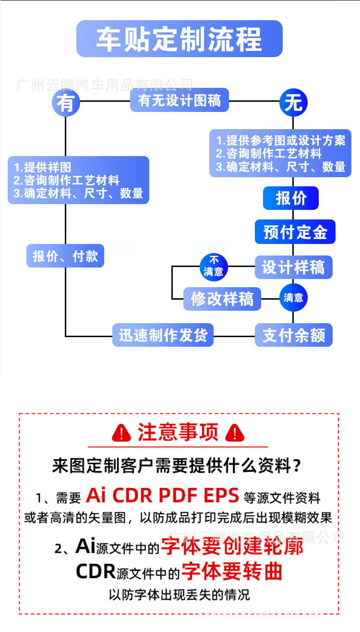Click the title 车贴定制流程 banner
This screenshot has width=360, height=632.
tap(180, 39)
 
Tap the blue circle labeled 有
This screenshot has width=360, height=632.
tap(65, 103)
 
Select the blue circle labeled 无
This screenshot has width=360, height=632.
tap(293, 103)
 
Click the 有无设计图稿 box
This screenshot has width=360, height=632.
tap(180, 101)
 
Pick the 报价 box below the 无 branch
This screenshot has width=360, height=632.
tap(291, 198)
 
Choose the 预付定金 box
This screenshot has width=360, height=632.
tap(295, 232)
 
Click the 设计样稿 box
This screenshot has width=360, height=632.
tap(293, 267)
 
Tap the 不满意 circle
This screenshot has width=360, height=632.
tap(213, 267)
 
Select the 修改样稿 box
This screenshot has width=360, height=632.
tap(222, 299)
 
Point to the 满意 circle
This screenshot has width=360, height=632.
tap(293, 298)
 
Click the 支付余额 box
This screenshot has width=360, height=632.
tap(293, 335)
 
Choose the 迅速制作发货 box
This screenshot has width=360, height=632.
tap(163, 335)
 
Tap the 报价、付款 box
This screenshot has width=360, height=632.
tap(65, 256)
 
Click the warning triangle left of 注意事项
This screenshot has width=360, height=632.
tap(121, 433)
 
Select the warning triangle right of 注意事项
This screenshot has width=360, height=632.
tap(235, 433)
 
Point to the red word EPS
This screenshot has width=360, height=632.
tap(221, 495)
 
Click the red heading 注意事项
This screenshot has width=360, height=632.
tap(178, 432)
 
